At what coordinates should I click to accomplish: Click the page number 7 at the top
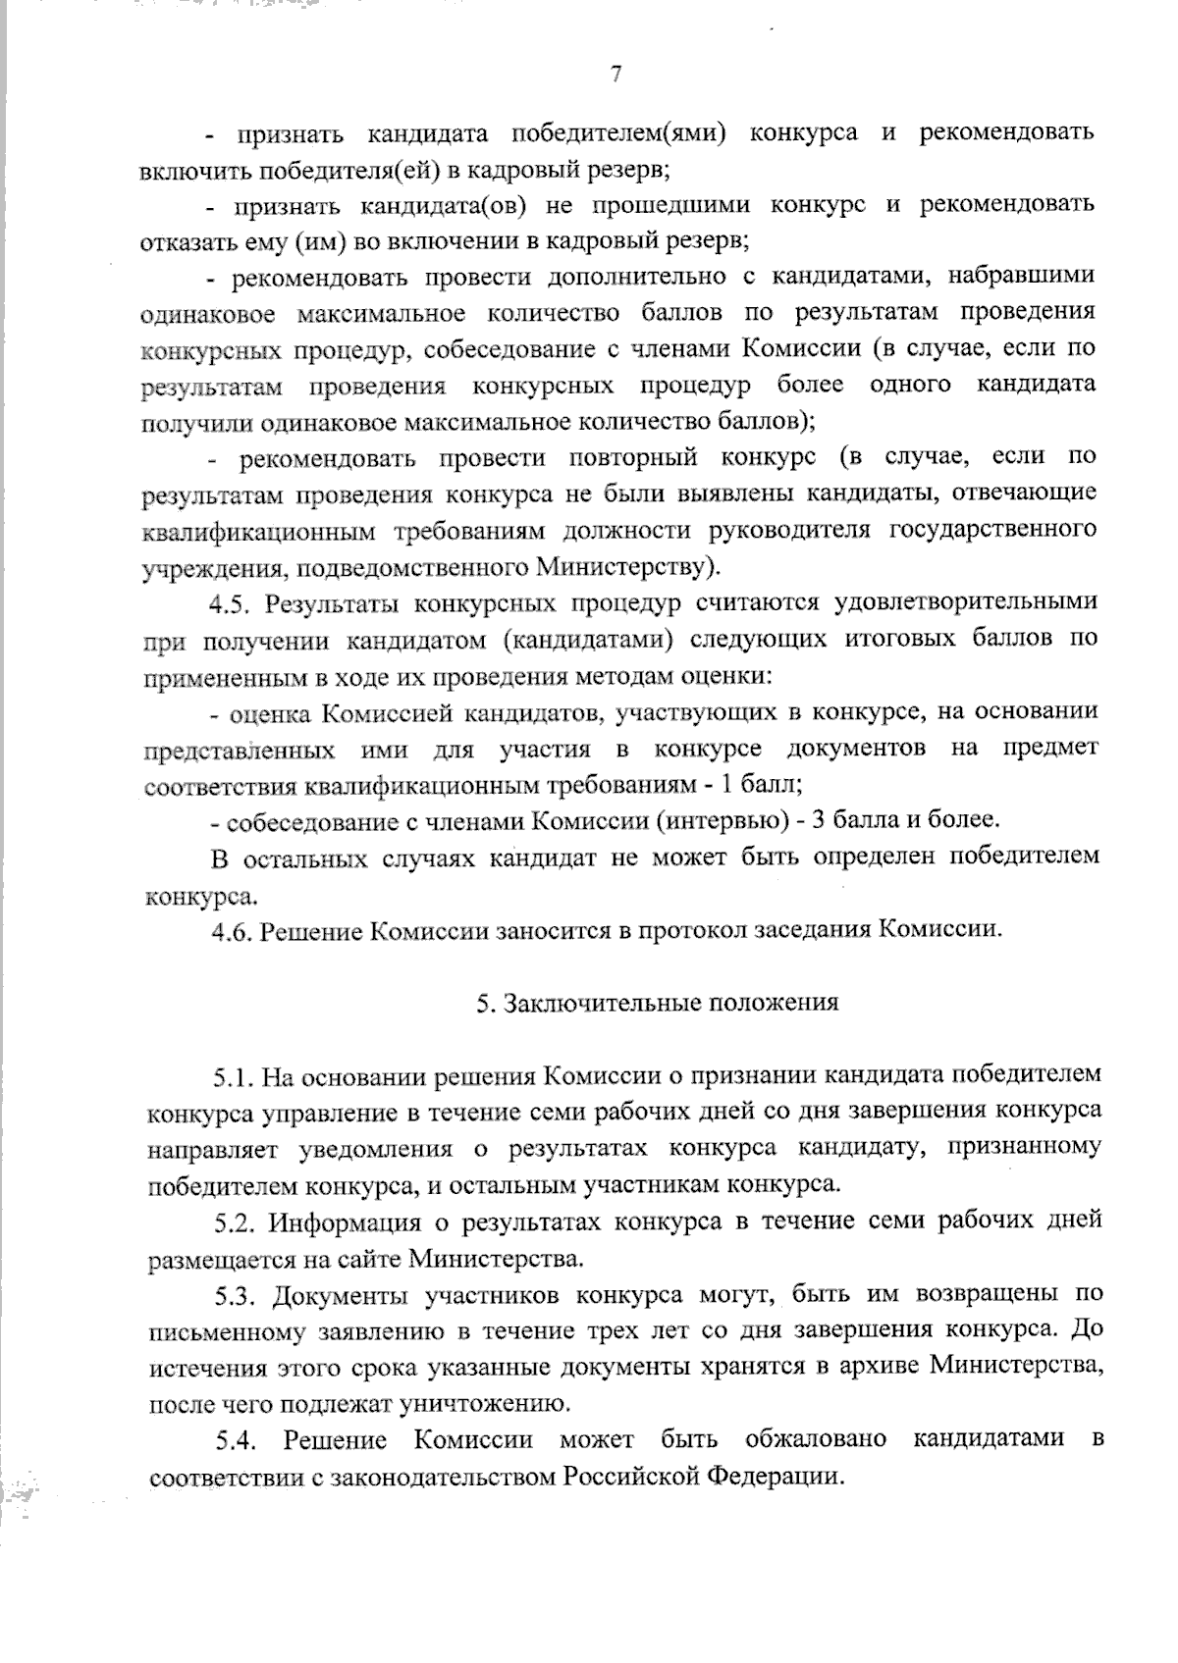pos(616,75)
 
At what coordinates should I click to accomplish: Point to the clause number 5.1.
pos(234,1075)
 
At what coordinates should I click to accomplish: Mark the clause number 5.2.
pos(236,1221)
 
